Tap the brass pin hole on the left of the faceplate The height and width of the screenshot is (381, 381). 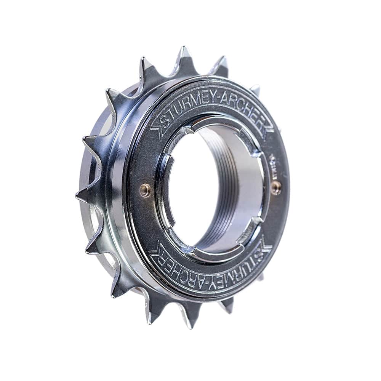[x=145, y=190]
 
